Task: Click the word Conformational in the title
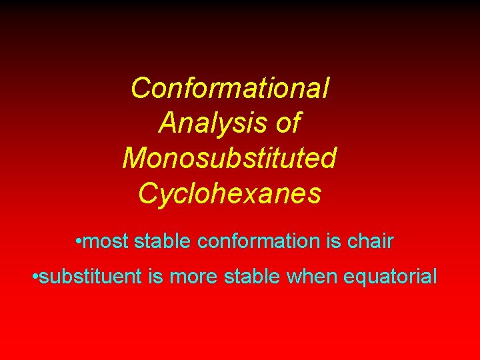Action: pos(230,88)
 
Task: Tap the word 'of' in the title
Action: pos(286,123)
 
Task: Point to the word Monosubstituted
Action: pos(230,158)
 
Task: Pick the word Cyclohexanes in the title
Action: pos(230,193)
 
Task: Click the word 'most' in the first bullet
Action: pos(107,241)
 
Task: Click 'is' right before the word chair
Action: pos(333,241)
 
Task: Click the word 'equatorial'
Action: pos(390,276)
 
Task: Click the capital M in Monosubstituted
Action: pos(133,158)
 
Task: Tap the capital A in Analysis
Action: pos(169,123)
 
